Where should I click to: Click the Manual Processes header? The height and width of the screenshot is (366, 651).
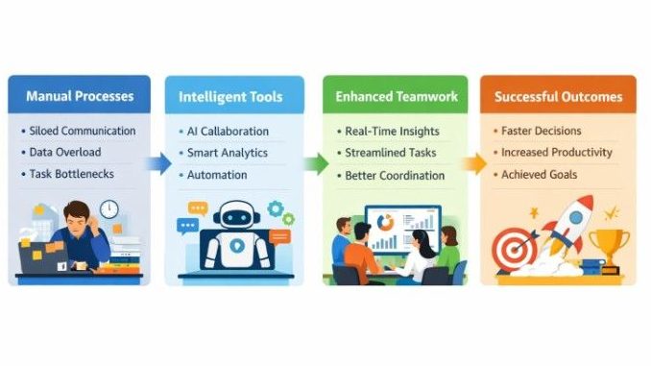coord(80,97)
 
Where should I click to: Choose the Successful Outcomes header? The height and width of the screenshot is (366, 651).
coord(558,97)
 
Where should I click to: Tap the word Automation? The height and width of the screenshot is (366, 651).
coord(217,175)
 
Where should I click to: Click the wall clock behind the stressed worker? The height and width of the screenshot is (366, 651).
coord(108,208)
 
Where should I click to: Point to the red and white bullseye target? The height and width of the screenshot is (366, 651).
coord(513,249)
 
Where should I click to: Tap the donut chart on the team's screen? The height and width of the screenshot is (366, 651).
coord(386,223)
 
